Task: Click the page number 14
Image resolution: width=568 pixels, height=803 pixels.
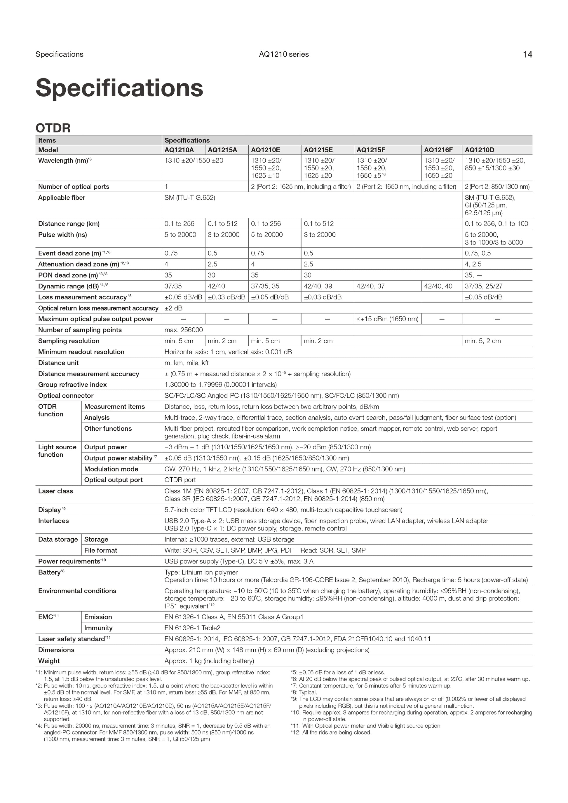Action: coord(527,55)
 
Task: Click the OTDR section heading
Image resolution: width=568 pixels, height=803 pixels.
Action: coord(53,128)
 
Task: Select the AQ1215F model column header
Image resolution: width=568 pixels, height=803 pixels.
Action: coord(371,150)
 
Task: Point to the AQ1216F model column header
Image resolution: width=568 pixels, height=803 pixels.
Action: coord(438,150)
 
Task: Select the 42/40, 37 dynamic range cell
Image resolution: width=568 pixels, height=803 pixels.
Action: coord(371,286)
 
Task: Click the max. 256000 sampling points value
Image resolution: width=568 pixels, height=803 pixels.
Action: coord(184,330)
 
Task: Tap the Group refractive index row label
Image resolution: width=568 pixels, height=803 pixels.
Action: coord(72,385)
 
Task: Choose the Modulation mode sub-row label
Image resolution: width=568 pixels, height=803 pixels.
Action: coord(111,469)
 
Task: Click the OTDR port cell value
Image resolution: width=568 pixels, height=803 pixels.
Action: coord(180,480)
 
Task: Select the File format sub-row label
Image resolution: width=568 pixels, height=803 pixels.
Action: coord(101,550)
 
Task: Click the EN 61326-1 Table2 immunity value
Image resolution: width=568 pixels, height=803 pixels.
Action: coord(192,628)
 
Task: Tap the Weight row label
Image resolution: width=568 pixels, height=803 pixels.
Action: coord(49,661)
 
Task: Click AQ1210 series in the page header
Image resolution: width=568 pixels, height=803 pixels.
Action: coord(284,54)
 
